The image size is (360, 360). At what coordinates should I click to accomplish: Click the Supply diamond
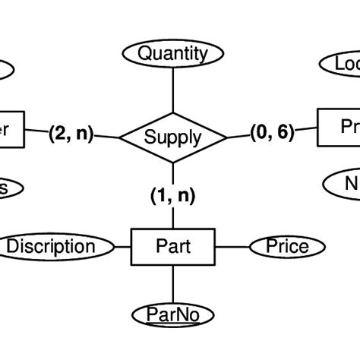pyautogui.click(x=173, y=137)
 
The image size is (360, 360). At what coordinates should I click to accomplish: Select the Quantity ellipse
pyautogui.click(x=173, y=53)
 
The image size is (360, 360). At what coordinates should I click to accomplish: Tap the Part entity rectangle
pyautogui.click(x=173, y=246)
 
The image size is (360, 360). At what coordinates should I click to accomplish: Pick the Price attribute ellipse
pyautogui.click(x=287, y=246)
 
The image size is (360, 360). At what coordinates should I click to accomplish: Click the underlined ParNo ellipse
pyautogui.click(x=174, y=314)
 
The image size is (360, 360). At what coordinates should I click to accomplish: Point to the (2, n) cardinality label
pyautogui.click(x=70, y=134)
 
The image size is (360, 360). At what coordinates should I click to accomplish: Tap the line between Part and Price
pyautogui.click(x=232, y=246)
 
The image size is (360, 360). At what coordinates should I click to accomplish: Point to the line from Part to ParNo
pyautogui.click(x=173, y=284)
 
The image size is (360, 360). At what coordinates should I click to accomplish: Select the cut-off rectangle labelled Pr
pyautogui.click(x=339, y=127)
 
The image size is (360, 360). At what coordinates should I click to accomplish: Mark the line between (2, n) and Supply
pyautogui.click(x=107, y=136)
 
